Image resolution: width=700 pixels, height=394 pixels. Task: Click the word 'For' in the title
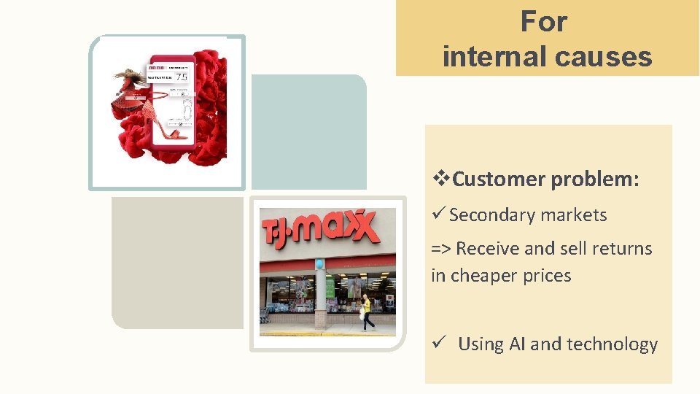543,22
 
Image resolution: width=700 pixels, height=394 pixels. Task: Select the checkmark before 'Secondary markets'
438,215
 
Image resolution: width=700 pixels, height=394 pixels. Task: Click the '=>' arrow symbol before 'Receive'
440,249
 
